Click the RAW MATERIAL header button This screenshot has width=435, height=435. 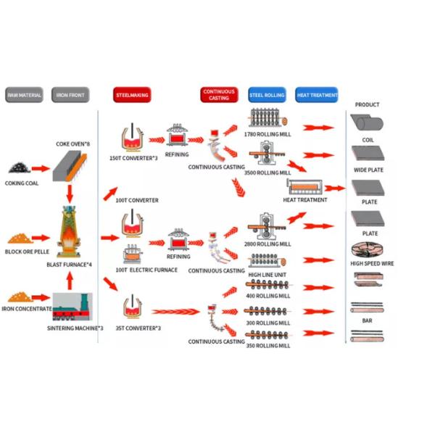pos(25,95)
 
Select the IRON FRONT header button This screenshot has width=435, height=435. pos(70,95)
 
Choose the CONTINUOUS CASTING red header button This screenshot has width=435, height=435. pos(218,95)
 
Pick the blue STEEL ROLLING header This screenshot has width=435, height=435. pos(267,95)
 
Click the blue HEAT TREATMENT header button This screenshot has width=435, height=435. pos(317,95)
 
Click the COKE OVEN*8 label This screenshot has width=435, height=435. pos(73,144)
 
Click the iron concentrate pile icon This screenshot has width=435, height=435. pos(20,297)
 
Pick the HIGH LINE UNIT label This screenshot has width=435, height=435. pos(268,275)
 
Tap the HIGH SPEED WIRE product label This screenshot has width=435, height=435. pos(368,263)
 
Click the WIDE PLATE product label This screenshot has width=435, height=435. pos(368,170)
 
